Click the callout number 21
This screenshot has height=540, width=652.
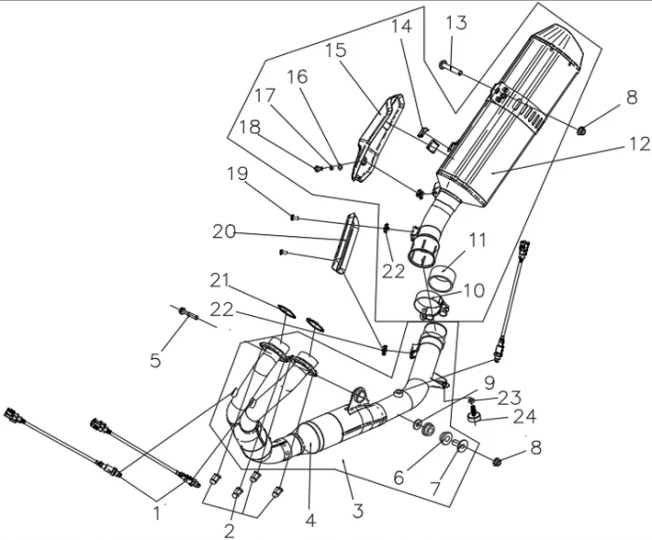click(x=220, y=280)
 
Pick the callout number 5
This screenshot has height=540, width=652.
click(x=156, y=359)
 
